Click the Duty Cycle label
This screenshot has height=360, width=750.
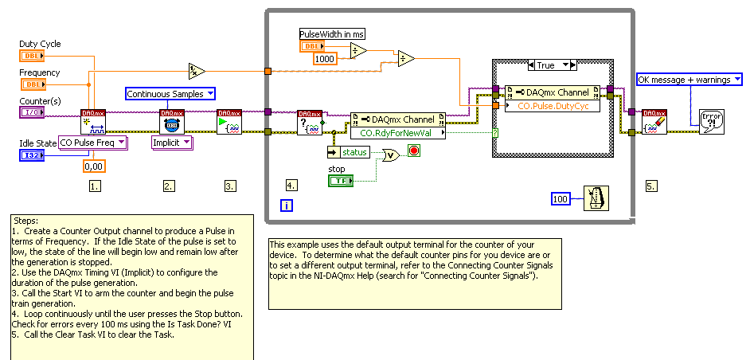tap(40, 44)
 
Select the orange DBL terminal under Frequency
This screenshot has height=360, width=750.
tap(33, 84)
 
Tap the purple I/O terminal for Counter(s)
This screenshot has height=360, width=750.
tap(33, 113)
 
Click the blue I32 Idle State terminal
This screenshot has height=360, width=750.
tap(33, 155)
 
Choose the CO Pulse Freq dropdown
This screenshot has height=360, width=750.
tap(93, 143)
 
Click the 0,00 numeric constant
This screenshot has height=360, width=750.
tap(94, 166)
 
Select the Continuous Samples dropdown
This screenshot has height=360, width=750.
tap(171, 94)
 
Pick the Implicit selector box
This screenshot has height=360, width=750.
tap(173, 143)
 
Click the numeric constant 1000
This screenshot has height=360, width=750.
tap(324, 58)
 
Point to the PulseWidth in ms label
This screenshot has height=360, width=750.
tap(331, 33)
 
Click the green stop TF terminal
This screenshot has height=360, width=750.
tap(341, 182)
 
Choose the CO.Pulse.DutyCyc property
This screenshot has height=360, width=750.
tap(557, 104)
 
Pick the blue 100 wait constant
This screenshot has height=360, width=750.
tap(561, 198)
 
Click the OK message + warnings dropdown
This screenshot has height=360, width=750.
tap(689, 79)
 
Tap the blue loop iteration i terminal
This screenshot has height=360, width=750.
tap(287, 205)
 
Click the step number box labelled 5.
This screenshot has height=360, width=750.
tap(651, 186)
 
